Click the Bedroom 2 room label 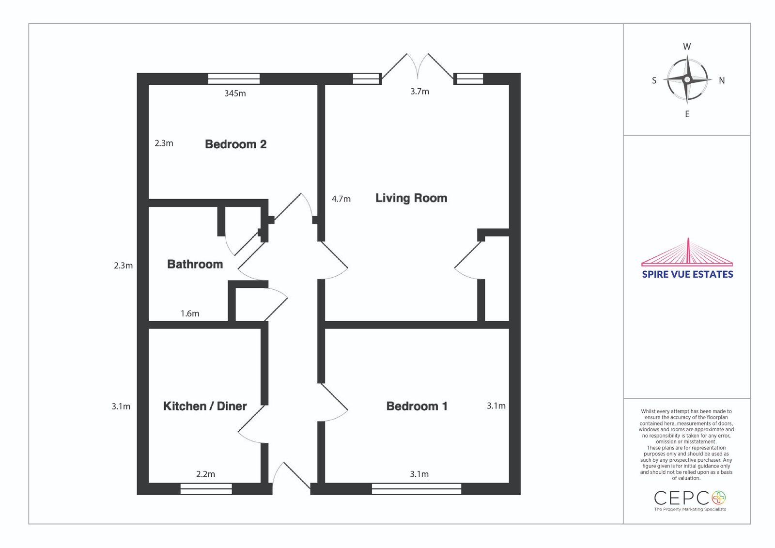[235, 144]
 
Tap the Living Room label [411, 198]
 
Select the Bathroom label [195, 264]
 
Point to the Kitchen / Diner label [205, 406]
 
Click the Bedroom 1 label [417, 406]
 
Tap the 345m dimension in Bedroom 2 [235, 94]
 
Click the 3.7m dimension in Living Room [419, 92]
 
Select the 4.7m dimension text [341, 199]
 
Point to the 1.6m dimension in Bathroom [190, 313]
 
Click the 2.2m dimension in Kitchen [205, 474]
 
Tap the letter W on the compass [687, 47]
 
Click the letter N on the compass [722, 80]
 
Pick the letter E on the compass [687, 114]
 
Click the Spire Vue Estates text [687, 275]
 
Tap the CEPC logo [690, 501]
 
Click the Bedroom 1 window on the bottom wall [417, 489]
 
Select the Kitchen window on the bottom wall [206, 489]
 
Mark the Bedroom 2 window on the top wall [234, 78]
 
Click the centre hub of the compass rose [687, 80]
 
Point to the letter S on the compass [654, 80]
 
